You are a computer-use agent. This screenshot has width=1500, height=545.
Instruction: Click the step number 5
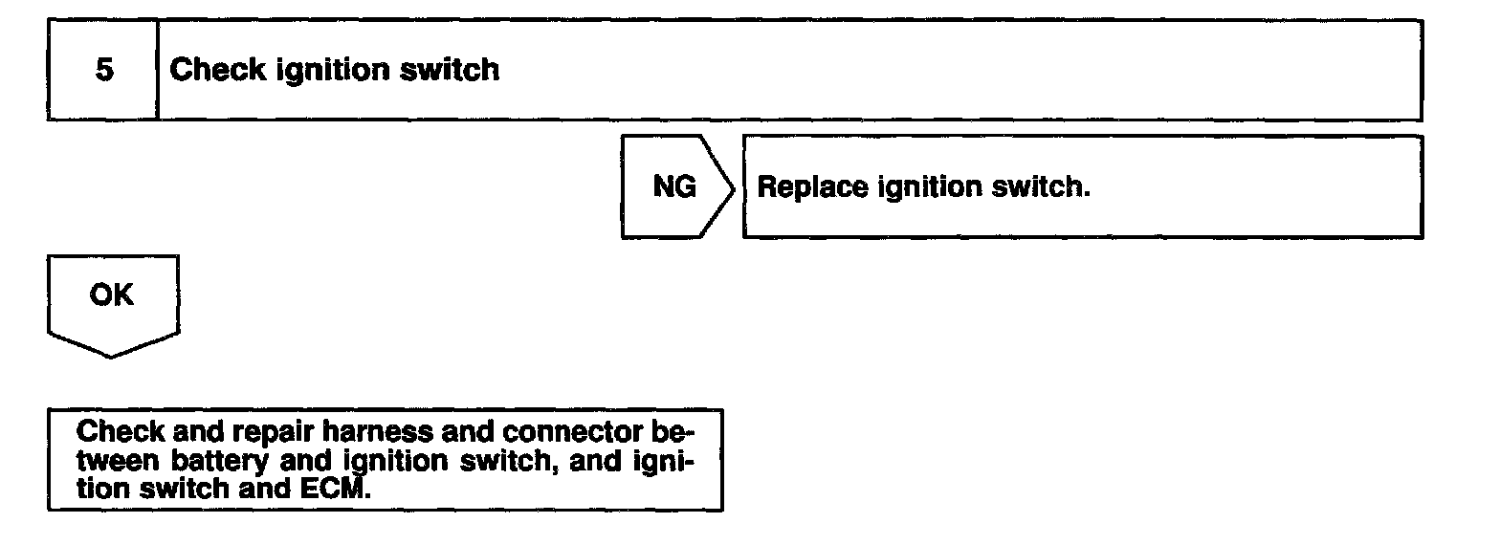(103, 71)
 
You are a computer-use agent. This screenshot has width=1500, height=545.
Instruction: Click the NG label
(674, 187)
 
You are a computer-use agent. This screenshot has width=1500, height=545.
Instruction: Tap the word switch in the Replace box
(1046, 186)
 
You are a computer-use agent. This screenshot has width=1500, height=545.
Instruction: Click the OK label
(112, 296)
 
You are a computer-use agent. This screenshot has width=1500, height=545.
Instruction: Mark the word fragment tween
(121, 460)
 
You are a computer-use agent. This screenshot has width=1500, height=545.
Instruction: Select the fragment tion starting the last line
(100, 490)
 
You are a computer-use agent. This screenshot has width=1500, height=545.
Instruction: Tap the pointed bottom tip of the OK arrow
(112, 357)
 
